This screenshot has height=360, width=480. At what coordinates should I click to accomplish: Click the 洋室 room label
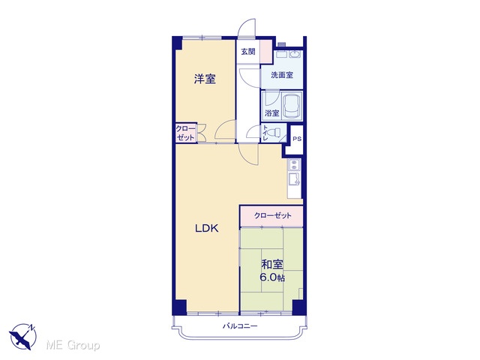coord(205,79)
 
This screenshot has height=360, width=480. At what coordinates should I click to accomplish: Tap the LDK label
coord(207,228)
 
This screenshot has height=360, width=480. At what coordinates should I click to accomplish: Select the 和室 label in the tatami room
coord(271,265)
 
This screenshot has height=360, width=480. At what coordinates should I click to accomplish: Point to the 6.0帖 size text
coord(272,277)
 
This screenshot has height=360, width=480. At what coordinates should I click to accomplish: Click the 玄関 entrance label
coord(248,52)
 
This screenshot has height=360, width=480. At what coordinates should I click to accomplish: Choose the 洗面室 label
coord(282,75)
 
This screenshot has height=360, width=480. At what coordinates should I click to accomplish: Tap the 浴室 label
coord(271,113)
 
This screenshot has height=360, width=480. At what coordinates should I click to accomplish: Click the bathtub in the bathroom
coord(292,106)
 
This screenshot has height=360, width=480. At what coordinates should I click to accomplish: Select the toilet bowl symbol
coord(274,133)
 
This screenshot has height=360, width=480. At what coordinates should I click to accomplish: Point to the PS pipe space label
coord(297,139)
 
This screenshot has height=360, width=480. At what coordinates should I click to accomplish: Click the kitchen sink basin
coord(295,178)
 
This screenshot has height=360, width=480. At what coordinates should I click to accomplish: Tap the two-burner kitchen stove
coord(295,164)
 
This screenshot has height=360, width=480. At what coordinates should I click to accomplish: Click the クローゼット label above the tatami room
coord(272,215)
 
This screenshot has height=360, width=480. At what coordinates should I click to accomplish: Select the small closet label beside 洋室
coord(185,133)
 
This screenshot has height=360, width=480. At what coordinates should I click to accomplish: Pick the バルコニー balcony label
coord(240,326)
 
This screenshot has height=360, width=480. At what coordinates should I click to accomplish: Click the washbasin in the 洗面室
coord(295,55)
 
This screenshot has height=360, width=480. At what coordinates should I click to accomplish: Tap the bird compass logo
coord(23,336)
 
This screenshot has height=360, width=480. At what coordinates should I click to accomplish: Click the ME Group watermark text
coord(73,345)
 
